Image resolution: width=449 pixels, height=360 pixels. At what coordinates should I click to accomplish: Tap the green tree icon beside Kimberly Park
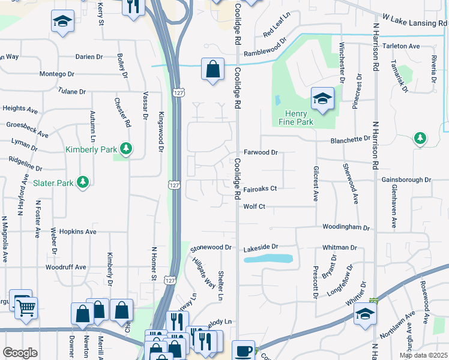coord(125,148)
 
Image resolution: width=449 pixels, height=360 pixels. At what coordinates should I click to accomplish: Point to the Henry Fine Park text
coord(296,118)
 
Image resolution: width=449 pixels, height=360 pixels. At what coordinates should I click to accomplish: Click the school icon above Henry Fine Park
coord(322,99)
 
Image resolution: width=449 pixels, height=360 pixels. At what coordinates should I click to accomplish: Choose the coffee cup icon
coord(244,350)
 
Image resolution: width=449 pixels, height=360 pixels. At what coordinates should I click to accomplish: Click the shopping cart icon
coord(26,308)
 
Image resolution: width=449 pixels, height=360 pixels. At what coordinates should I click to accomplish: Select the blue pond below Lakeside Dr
coord(268,259)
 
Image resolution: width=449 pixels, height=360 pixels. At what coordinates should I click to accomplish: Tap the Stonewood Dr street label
coord(211,247)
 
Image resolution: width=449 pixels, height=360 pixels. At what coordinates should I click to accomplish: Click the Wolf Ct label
coord(255,206)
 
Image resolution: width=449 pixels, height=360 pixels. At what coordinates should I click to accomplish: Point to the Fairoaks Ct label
coord(260,188)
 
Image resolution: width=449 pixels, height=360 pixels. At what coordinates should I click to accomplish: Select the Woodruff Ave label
coord(65,267)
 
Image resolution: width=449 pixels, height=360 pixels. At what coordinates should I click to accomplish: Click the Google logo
coord(20,353)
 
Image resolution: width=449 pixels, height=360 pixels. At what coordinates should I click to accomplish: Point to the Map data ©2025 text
coord(423,355)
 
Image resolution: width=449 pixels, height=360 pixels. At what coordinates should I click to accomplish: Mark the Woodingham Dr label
coord(346,227)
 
